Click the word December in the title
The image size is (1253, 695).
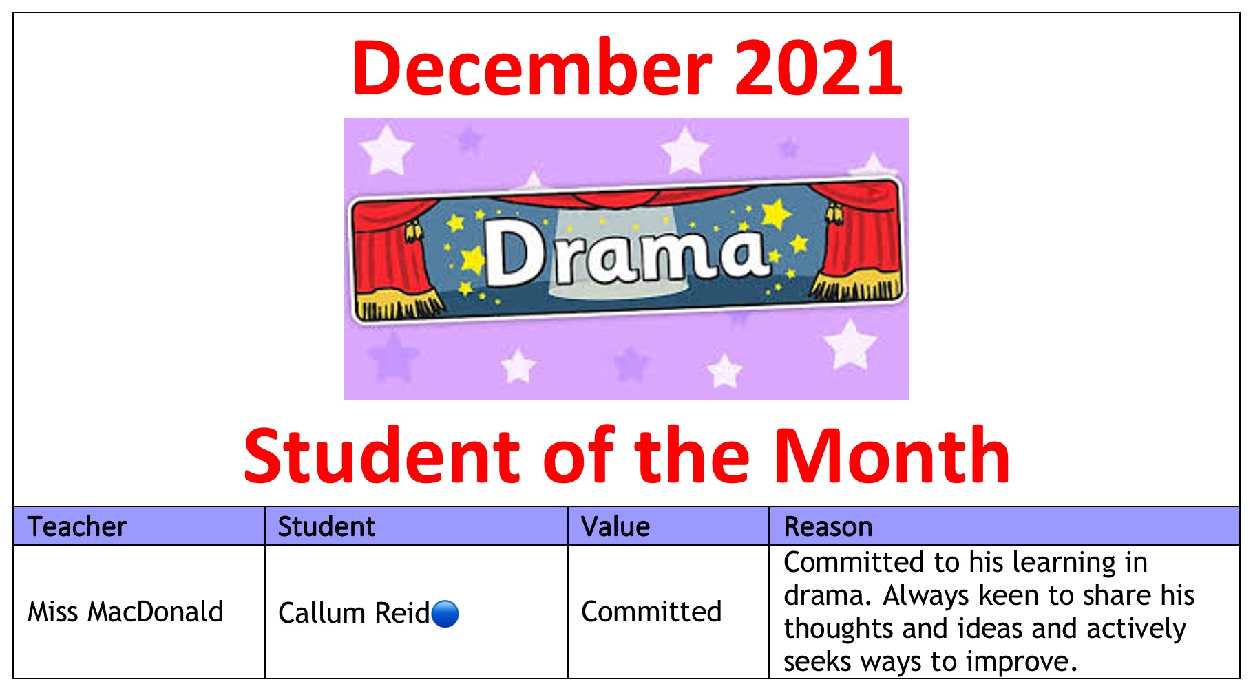[x=532, y=67]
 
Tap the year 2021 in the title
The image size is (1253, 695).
[x=819, y=67]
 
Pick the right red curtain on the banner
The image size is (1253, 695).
[x=857, y=241]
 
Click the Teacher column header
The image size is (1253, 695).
[x=77, y=526]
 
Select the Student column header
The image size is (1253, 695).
[x=326, y=526]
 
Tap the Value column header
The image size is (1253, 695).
[x=615, y=526]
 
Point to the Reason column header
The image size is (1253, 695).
[x=828, y=526]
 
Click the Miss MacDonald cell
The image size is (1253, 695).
[x=125, y=611]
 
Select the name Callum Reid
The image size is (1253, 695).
[x=354, y=612]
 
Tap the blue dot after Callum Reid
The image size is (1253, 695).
[x=445, y=614]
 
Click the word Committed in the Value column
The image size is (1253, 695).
[x=651, y=611]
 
